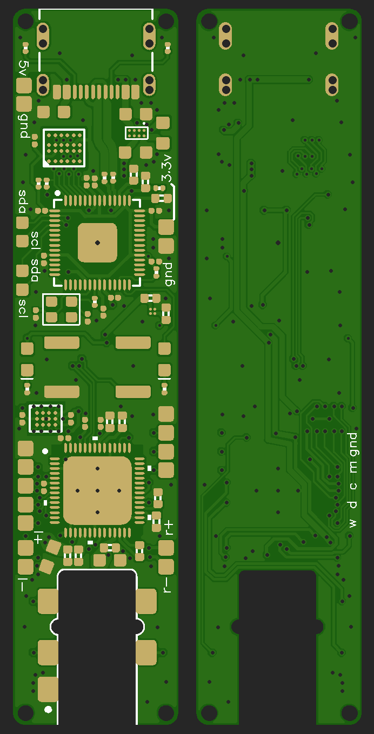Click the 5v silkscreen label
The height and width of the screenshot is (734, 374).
(23, 69)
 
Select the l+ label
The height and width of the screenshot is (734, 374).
(38, 537)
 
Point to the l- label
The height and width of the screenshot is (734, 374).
(22, 584)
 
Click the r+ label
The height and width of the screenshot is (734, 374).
(169, 528)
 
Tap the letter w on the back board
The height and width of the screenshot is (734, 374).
(353, 523)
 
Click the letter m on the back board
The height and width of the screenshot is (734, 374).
(353, 467)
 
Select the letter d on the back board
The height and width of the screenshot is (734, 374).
(353, 504)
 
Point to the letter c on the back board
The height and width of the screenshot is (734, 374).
(353, 486)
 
